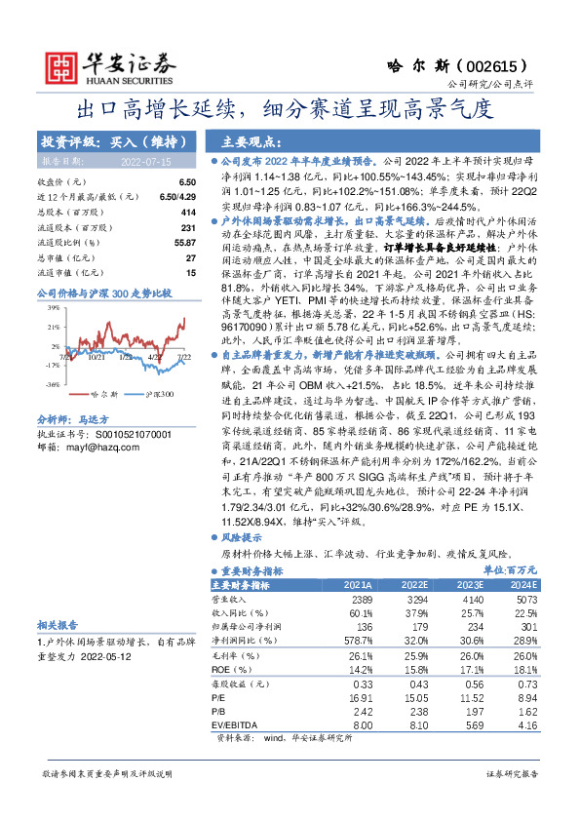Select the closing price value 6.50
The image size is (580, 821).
(x=187, y=182)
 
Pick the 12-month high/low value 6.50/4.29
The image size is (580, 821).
(x=176, y=197)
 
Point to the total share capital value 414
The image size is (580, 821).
(x=189, y=212)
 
